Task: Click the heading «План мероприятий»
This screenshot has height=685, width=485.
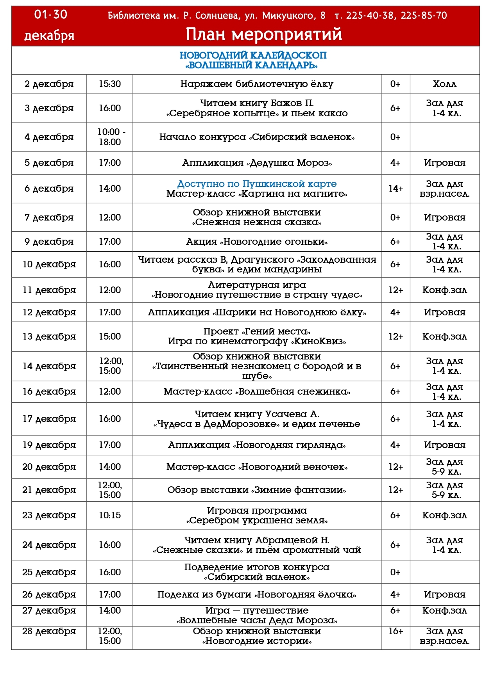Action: pyautogui.click(x=264, y=34)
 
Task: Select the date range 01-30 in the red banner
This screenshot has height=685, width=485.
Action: pyautogui.click(x=50, y=15)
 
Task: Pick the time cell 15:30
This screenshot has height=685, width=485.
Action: pyautogui.click(x=110, y=84)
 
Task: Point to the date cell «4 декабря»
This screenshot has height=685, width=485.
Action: pyautogui.click(x=49, y=137)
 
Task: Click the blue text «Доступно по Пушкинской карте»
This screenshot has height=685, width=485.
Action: pyautogui.click(x=257, y=184)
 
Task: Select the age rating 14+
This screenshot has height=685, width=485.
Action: pyautogui.click(x=396, y=189)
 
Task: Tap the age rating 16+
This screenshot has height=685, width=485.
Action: pyautogui.click(x=396, y=631)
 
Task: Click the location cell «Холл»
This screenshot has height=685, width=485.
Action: pyautogui.click(x=445, y=84)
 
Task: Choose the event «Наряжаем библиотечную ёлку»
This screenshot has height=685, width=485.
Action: pyautogui.click(x=257, y=84)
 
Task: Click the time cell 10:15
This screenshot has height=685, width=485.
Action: pyautogui.click(x=110, y=515)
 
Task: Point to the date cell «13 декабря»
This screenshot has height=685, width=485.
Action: pyautogui.click(x=49, y=336)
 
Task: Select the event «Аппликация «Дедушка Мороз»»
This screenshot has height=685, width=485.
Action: pyautogui.click(x=257, y=163)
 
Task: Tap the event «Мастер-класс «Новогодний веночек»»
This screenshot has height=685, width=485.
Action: pyautogui.click(x=257, y=467)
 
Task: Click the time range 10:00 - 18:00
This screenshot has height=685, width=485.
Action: pyautogui.click(x=111, y=137)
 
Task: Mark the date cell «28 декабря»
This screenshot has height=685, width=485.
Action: pyautogui.click(x=49, y=631)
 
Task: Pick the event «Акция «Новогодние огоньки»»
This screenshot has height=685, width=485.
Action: pyautogui.click(x=257, y=242)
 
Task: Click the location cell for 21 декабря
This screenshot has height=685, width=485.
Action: pyautogui.click(x=445, y=490)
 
